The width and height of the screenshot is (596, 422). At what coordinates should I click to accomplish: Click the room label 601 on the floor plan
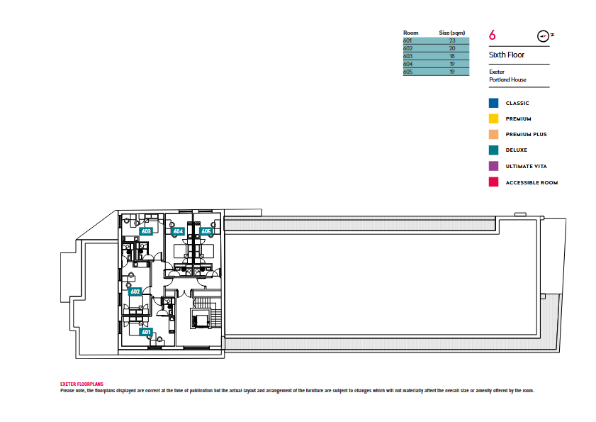pyautogui.click(x=146, y=332)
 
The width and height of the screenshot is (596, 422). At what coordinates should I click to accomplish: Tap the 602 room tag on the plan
pyautogui.click(x=135, y=291)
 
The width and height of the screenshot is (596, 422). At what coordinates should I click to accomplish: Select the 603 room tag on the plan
pyautogui.click(x=146, y=231)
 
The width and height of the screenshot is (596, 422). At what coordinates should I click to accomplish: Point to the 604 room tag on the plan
pyautogui.click(x=178, y=231)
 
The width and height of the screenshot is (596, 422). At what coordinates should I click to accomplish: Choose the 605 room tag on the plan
pyautogui.click(x=206, y=231)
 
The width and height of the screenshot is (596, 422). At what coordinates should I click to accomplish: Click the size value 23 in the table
pyautogui.click(x=452, y=40)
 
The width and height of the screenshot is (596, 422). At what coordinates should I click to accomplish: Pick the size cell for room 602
pyautogui.click(x=452, y=48)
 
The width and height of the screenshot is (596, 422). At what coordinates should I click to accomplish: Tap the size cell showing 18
pyautogui.click(x=452, y=56)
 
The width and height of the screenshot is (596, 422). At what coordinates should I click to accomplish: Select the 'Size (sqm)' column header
pyautogui.click(x=452, y=33)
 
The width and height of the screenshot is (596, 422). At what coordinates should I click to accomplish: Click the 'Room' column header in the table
pyautogui.click(x=410, y=33)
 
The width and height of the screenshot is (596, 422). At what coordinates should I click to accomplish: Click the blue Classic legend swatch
pyautogui.click(x=493, y=103)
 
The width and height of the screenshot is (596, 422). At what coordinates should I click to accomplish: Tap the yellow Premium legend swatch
pyautogui.click(x=493, y=118)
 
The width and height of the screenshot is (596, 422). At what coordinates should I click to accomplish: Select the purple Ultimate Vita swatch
pyautogui.click(x=493, y=166)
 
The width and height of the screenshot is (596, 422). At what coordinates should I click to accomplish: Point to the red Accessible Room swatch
pyautogui.click(x=493, y=182)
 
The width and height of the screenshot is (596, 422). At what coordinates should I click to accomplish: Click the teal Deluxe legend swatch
pyautogui.click(x=493, y=150)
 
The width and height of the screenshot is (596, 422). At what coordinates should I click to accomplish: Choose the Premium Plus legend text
pyautogui.click(x=526, y=134)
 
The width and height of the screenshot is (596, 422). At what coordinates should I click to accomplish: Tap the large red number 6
pyautogui.click(x=493, y=35)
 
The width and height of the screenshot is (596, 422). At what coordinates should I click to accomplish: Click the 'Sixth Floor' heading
pyautogui.click(x=506, y=55)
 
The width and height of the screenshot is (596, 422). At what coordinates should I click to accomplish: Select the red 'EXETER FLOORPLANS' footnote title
pyautogui.click(x=81, y=384)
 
